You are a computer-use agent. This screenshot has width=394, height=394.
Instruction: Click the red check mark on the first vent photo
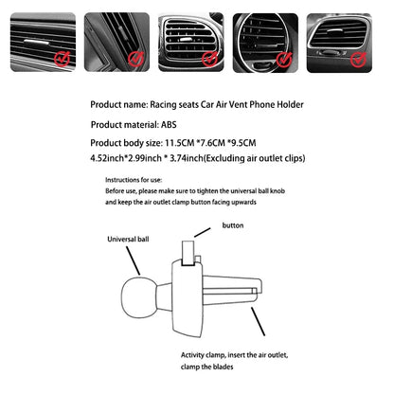62,60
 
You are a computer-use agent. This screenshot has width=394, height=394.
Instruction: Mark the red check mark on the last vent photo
358,60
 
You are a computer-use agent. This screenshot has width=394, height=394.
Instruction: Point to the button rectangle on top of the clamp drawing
188,251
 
